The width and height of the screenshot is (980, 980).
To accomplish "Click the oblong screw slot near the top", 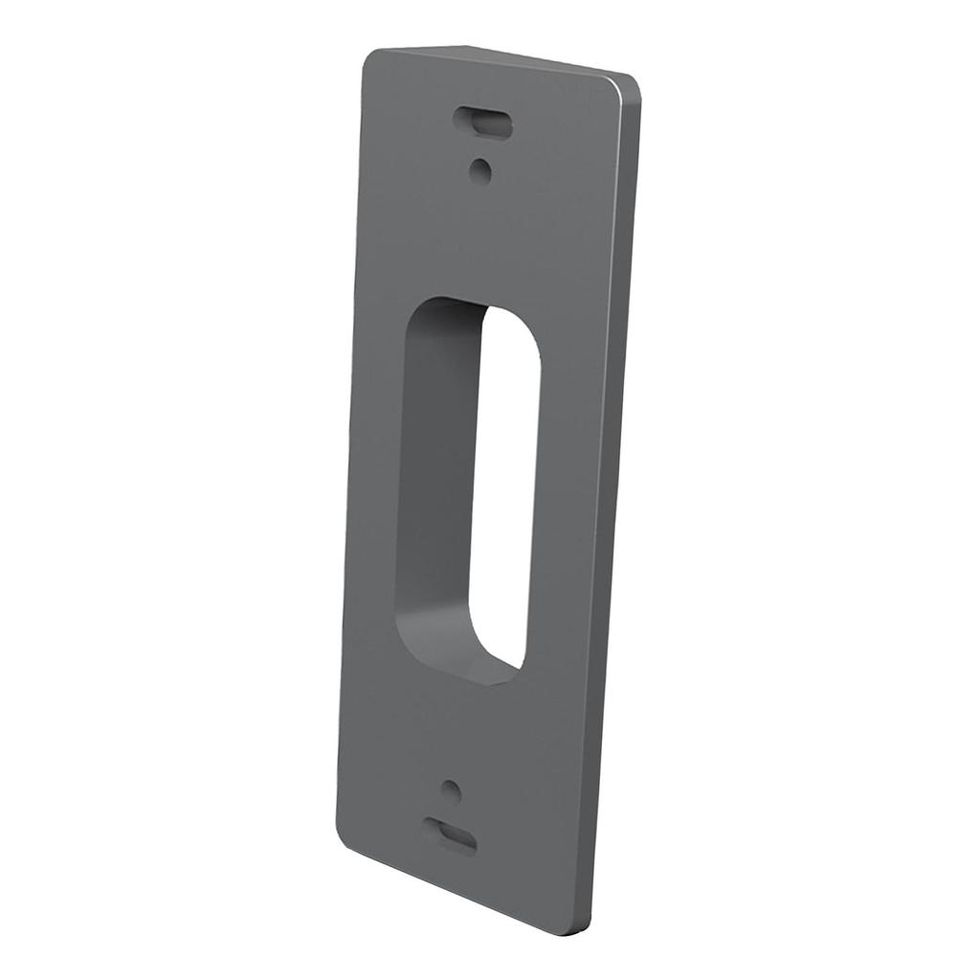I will [x=483, y=122].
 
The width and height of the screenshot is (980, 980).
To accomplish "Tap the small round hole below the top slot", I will [x=480, y=171].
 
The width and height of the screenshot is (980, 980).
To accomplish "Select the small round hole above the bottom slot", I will [x=452, y=791].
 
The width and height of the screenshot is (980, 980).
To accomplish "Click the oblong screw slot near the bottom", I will [x=450, y=835].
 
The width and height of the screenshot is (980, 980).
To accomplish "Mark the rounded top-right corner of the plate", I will [x=629, y=85].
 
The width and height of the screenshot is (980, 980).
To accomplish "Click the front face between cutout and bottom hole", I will [x=459, y=732].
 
